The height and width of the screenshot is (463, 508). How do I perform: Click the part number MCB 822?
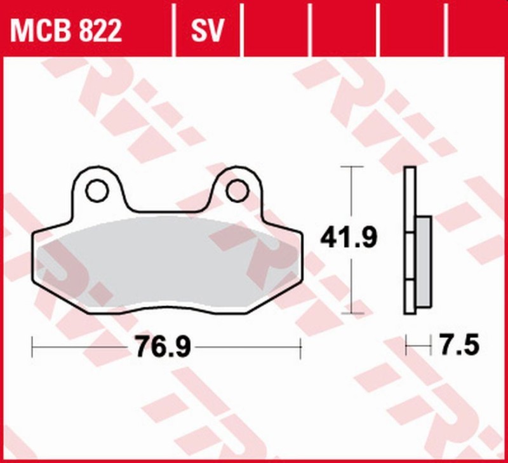[65, 30]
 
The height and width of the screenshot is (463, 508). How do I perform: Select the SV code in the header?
[208, 30]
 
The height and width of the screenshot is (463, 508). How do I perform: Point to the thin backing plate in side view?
[410, 241]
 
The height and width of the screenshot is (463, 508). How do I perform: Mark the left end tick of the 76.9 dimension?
[32, 347]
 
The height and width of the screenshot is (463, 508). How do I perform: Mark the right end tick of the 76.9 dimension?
[300, 347]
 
